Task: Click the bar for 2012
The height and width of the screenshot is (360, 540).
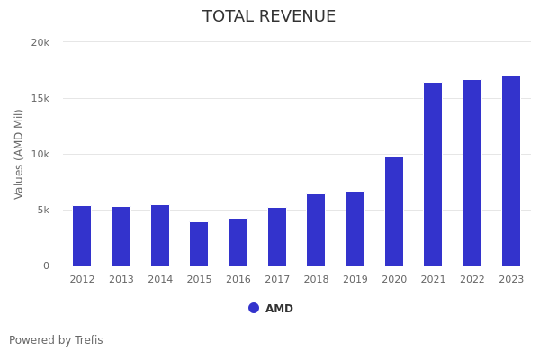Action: pos(82,236)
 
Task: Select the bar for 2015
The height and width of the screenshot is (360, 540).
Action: pos(199,244)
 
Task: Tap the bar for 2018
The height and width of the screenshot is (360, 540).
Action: pos(316,229)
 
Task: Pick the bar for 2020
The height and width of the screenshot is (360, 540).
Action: pos(394,211)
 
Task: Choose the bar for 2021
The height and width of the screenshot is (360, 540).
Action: pos(433,174)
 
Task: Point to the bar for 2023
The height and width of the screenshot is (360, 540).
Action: pos(511,171)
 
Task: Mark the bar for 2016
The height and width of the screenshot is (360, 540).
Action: pos(238,242)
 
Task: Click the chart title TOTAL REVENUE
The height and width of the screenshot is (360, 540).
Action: pos(269,17)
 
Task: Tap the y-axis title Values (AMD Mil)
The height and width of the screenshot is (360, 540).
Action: pos(20,154)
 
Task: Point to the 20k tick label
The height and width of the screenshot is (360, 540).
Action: pos(40,42)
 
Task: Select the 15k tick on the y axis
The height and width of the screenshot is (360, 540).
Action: pos(40,98)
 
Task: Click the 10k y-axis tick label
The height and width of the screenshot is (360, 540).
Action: pos(40,154)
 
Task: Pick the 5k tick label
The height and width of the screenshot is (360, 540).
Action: pos(42,210)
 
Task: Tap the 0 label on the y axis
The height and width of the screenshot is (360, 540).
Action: pos(46,265)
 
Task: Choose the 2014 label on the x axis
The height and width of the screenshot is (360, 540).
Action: pos(160,280)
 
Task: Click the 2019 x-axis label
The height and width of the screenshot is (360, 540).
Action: pos(355,280)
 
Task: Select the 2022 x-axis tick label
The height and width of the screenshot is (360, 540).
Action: pos(472,280)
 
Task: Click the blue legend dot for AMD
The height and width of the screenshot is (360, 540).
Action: pos(254,308)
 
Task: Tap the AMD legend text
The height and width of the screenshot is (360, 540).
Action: pos(279,309)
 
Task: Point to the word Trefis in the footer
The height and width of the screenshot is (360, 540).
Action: pos(87,340)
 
